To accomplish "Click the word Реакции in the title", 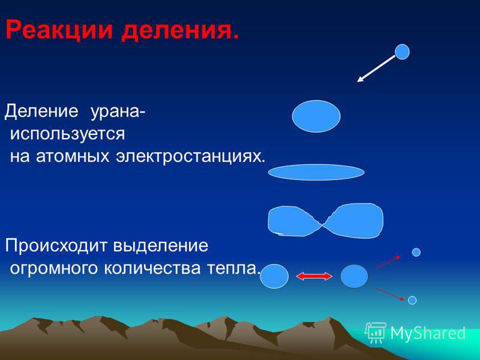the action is (x=59, y=31).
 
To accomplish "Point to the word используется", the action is (x=68, y=134).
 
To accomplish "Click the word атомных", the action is (x=73, y=157).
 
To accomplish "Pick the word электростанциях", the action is (x=190, y=157).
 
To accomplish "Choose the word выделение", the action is (x=161, y=246).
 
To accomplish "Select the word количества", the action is (x=152, y=268).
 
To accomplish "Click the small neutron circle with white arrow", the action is (x=402, y=52).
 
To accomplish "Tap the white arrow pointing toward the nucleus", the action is (x=376, y=69).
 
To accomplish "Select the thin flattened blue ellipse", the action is (x=316, y=172).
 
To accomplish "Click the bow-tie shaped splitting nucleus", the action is (x=325, y=220).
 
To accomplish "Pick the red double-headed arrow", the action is (x=314, y=277).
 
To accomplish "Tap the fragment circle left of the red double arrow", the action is (x=274, y=276).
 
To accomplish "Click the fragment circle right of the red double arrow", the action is (x=354, y=276).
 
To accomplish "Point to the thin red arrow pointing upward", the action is (x=388, y=262).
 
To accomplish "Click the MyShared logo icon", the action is (x=376, y=332).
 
